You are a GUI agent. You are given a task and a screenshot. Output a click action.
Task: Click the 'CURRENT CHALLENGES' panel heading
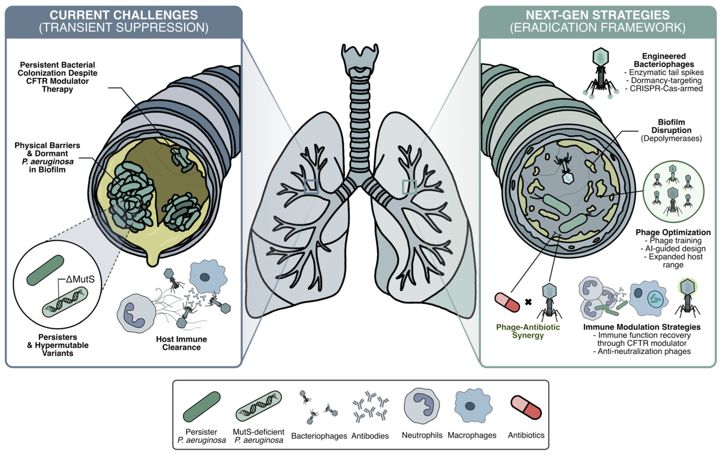pos(124,15)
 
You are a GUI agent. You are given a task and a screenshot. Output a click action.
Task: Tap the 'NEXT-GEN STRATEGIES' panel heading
pos(598,15)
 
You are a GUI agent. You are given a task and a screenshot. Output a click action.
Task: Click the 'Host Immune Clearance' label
pos(181,343)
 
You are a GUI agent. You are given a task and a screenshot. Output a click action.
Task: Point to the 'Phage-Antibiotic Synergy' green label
pos(528,331)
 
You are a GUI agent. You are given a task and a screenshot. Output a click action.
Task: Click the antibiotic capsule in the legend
pos(526,407)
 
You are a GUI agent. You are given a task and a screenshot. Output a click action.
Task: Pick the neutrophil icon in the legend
pos(421,406)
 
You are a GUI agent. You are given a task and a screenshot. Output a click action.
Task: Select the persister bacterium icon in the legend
pos(201,407)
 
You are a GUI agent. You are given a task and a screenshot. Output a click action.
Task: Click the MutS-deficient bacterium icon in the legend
pos(259,406)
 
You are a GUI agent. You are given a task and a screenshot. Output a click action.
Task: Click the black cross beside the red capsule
pos(528,302)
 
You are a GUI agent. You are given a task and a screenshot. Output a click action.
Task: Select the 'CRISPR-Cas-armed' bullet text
pos(666,88)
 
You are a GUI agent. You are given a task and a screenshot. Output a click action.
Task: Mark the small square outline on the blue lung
pos(311,187)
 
